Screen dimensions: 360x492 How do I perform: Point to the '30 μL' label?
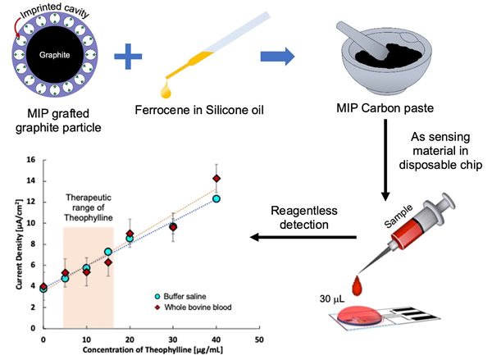(326, 300)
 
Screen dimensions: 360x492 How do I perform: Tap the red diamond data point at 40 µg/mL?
(216, 179)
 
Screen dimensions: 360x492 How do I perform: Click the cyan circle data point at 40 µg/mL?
(216, 198)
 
